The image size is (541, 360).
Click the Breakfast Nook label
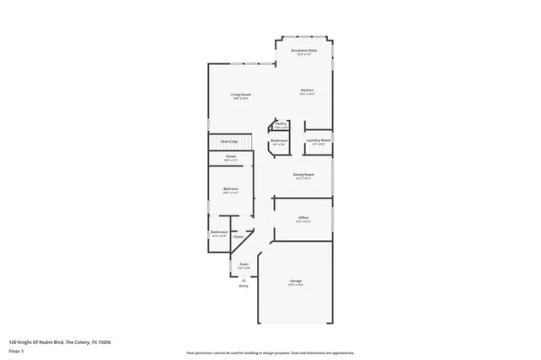304,52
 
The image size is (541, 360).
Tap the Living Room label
242,95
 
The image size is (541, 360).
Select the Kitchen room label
307,90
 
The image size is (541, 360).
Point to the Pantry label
281,123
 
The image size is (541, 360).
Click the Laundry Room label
319,140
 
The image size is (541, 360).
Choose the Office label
303,218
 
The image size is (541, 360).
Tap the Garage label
296,281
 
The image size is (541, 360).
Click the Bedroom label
231,188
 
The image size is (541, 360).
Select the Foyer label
243,265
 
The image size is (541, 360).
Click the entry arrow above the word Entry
243,279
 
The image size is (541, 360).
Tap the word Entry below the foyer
243,286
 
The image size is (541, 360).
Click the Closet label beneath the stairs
231,156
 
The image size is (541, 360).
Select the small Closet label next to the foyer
238,237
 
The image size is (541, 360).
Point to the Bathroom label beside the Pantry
279,140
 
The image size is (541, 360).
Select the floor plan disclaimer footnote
270,352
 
